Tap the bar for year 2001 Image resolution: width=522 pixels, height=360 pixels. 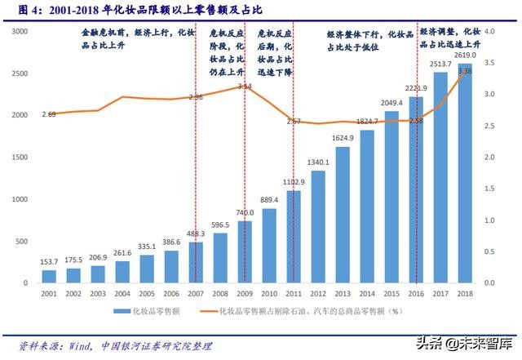coord(49,276)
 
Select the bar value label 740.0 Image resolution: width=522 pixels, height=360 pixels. coord(244,213)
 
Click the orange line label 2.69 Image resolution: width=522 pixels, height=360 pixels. coord(49,114)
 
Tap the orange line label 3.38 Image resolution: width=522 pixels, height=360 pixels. coord(465,72)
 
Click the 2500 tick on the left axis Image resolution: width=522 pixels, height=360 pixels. coord(20,73)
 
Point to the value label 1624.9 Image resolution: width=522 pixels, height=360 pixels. coord(342,138)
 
